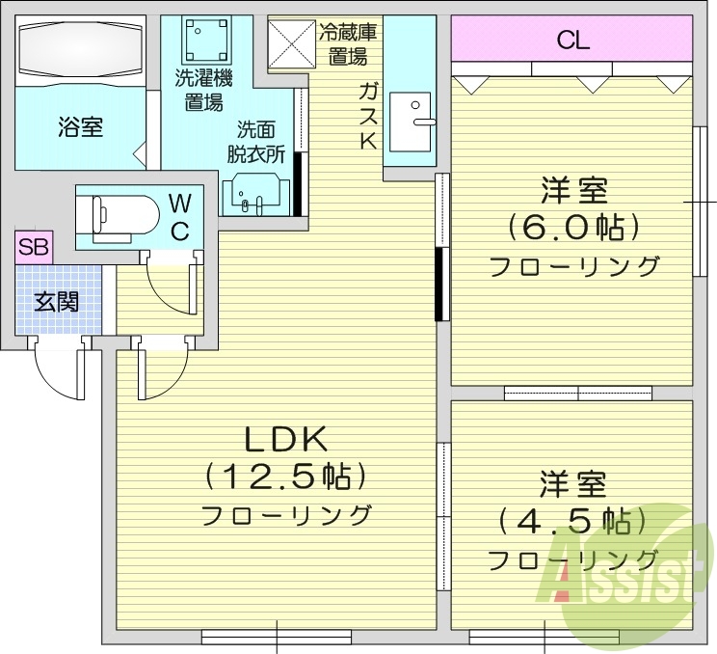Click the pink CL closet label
[572, 41]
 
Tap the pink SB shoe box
[34, 247]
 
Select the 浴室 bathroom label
[80, 127]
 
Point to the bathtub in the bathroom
[80, 50]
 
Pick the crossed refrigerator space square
[291, 44]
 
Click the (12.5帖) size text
[286, 476]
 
